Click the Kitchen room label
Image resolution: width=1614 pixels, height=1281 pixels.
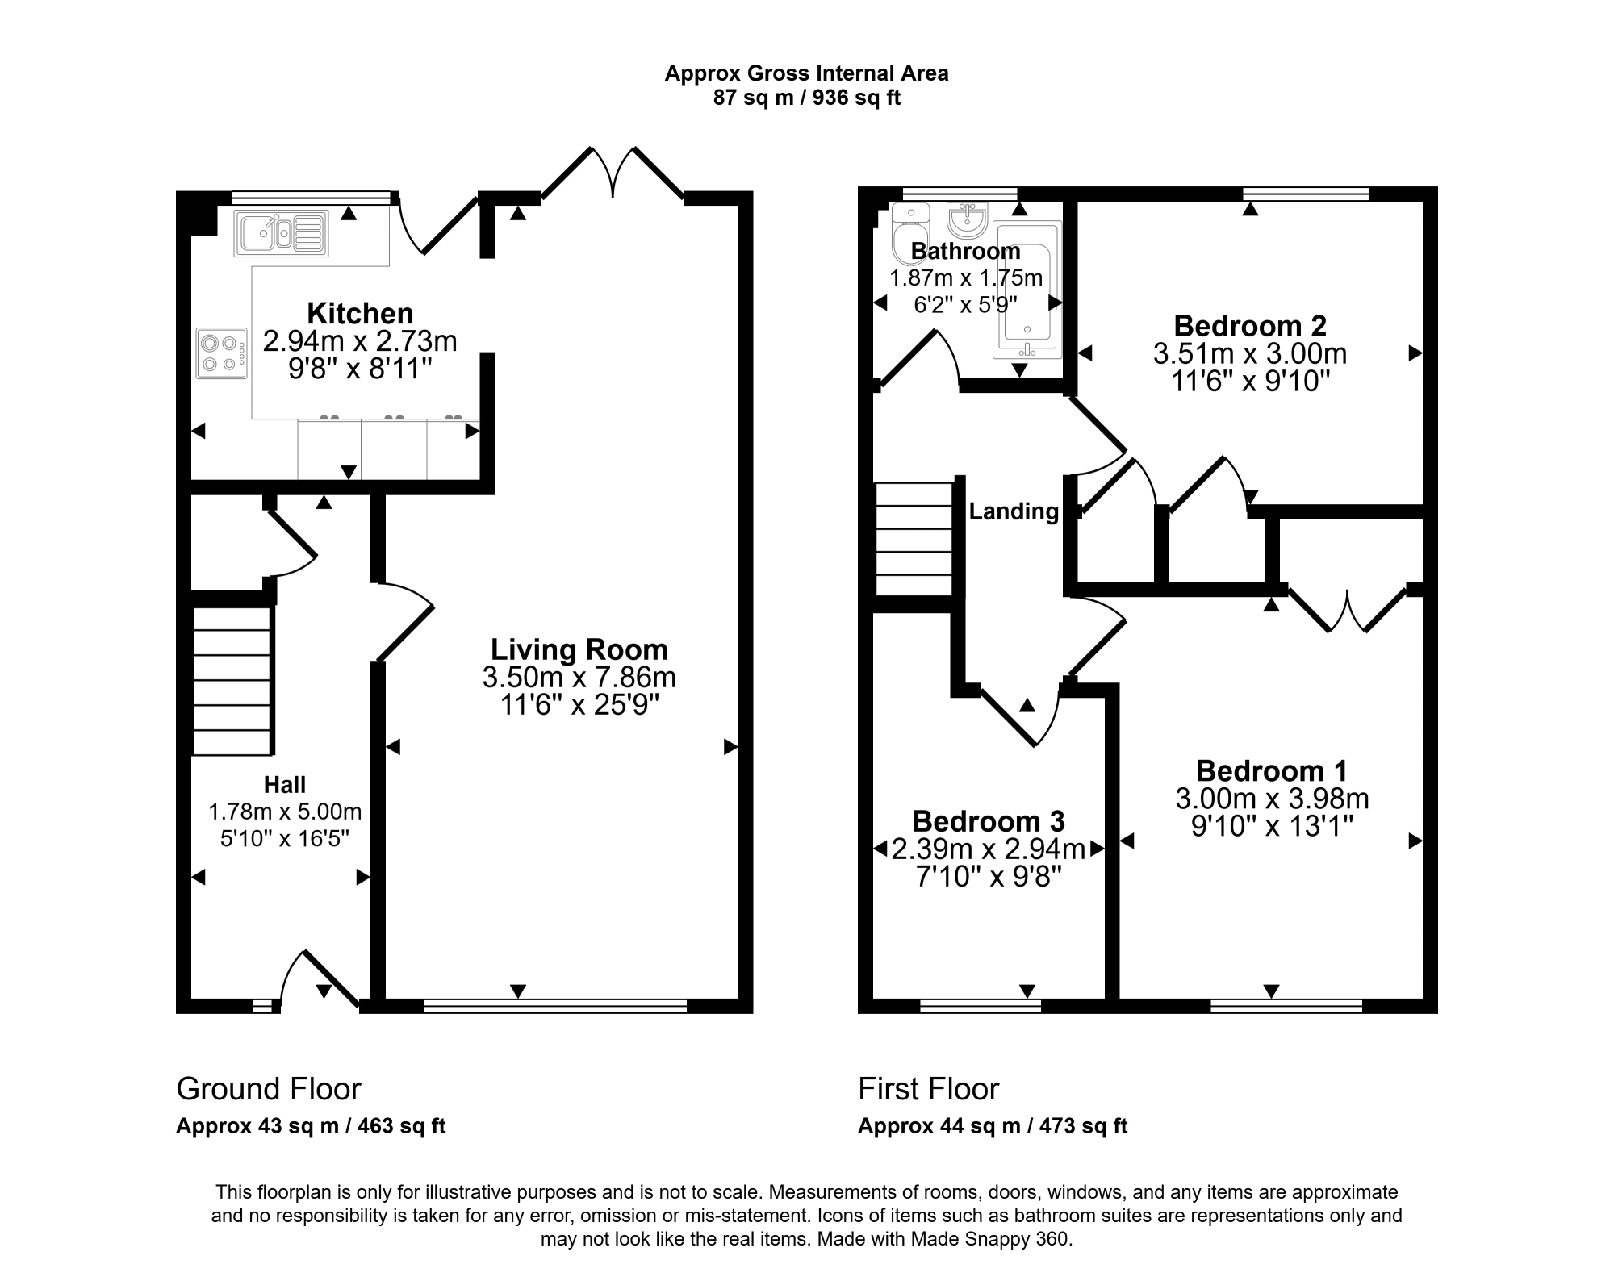point(360,313)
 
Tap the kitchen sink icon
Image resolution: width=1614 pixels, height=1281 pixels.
point(282,234)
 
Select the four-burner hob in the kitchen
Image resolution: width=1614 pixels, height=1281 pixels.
point(222,353)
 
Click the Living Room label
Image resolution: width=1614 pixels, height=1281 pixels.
point(579,649)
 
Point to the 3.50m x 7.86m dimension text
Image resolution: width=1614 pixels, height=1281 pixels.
point(579,678)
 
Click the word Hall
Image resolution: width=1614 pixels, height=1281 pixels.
point(285,785)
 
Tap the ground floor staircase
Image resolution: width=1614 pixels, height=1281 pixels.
point(231,681)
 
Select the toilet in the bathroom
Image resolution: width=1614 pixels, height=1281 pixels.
point(910,234)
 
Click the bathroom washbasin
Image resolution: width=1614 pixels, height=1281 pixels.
point(967,220)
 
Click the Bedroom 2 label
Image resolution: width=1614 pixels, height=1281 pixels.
point(1250,326)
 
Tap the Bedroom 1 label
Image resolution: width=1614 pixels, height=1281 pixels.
point(1272,771)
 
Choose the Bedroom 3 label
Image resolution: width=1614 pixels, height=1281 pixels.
point(989,821)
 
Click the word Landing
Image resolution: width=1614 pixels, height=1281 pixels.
point(1014,511)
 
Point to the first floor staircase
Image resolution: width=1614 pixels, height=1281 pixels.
point(914,539)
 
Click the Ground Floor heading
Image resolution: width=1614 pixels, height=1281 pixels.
point(269,1089)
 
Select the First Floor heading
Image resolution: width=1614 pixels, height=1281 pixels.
point(929,1089)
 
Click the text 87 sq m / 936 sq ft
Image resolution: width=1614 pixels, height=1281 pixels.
point(807,98)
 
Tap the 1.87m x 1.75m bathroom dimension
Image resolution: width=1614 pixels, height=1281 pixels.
point(966,278)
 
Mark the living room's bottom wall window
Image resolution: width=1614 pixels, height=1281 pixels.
point(555,1006)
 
